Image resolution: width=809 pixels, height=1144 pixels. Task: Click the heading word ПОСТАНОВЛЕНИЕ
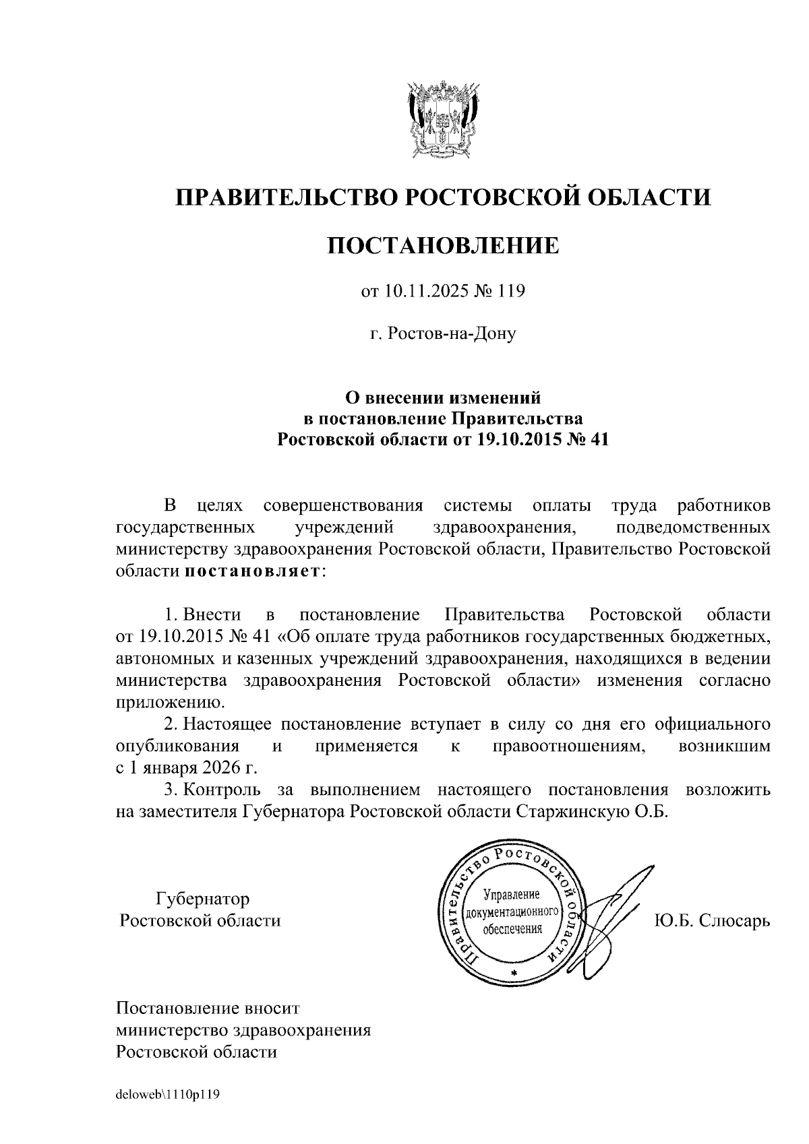pyautogui.click(x=443, y=245)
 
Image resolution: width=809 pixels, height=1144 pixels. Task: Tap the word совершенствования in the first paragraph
pyautogui.click(x=343, y=505)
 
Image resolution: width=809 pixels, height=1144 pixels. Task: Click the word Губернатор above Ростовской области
pyautogui.click(x=202, y=899)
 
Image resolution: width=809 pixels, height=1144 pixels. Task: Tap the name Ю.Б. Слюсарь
pyautogui.click(x=711, y=920)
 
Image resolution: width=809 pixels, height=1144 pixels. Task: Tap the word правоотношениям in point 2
pyautogui.click(x=569, y=746)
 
